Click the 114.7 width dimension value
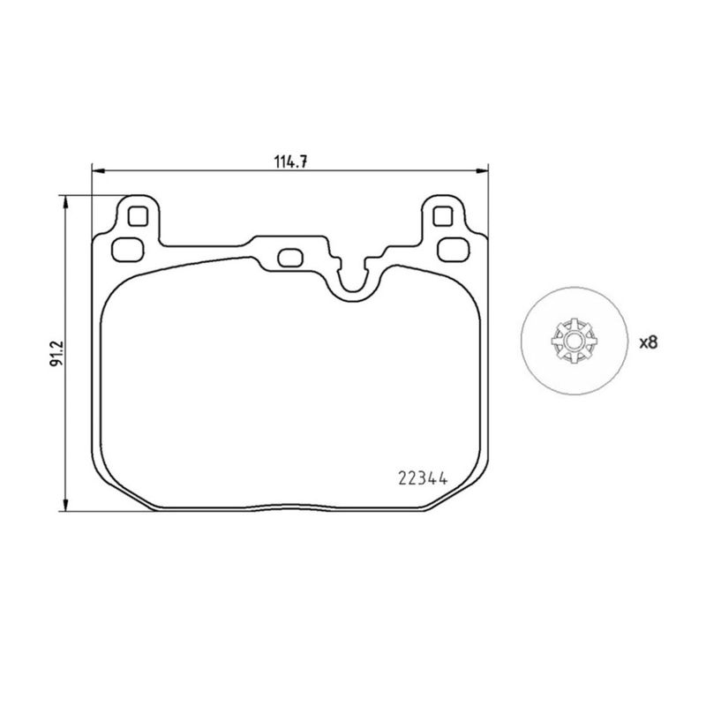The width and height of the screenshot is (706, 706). click(x=289, y=161)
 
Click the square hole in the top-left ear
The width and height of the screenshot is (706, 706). click(x=137, y=215)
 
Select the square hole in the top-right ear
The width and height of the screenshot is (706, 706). click(x=443, y=215)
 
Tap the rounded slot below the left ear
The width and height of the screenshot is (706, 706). click(x=128, y=247)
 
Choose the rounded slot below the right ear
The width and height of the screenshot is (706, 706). click(x=452, y=247)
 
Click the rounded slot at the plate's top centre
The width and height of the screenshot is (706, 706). click(x=289, y=258)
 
